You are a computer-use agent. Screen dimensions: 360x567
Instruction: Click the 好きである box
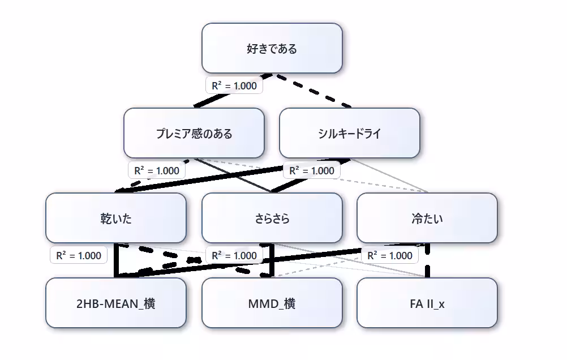coord(272,48)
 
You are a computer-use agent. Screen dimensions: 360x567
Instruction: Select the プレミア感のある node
coord(194,133)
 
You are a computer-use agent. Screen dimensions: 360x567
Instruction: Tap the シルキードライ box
coord(349,133)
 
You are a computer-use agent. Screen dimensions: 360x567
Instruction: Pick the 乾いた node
coord(115,218)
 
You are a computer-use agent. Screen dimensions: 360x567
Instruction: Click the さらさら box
coord(272,218)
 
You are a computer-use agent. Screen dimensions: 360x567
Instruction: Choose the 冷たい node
coord(427,218)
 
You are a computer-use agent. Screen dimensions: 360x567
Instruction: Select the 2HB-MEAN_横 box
coord(115,303)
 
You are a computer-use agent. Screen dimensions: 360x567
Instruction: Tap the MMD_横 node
coord(272,303)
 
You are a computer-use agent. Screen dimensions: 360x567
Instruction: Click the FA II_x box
coord(427,303)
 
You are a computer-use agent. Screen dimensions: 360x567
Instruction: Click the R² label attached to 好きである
coord(234,85)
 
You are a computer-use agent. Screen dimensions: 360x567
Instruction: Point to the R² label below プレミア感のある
coord(156,170)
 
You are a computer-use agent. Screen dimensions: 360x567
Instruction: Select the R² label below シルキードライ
coord(312,170)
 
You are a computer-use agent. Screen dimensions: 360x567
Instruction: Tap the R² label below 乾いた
coord(78,255)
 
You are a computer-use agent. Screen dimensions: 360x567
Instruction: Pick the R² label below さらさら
coord(234,255)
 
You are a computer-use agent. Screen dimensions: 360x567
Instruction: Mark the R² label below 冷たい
coord(390,255)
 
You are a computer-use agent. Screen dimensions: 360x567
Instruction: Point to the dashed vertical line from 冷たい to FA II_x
coord(427,266)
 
